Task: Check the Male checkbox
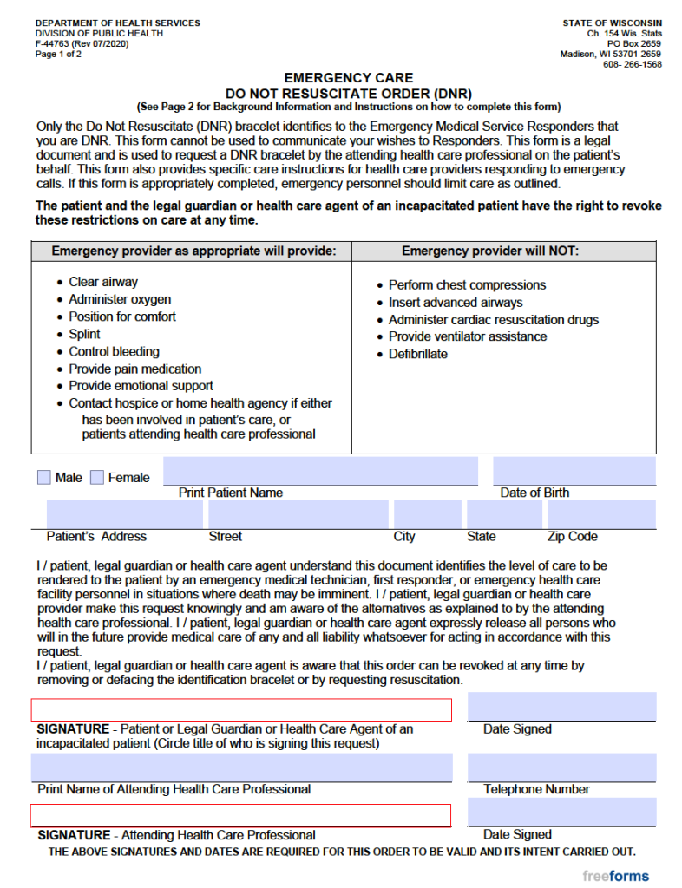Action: point(44,477)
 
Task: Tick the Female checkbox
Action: point(97,477)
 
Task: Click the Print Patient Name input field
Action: point(320,471)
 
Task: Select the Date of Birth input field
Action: point(574,471)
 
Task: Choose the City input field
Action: point(428,514)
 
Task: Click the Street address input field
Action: point(296,514)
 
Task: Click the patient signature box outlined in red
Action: point(241,710)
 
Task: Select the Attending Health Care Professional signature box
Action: point(241,815)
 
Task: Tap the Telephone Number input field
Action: point(561,768)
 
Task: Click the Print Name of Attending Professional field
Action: point(241,768)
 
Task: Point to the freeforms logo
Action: point(615,875)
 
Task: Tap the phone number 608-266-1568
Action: point(632,64)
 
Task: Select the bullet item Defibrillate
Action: point(417,354)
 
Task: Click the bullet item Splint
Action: point(84,334)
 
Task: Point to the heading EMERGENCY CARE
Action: point(349,77)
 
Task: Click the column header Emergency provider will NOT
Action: point(489,251)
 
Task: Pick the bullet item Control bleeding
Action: point(114,351)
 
